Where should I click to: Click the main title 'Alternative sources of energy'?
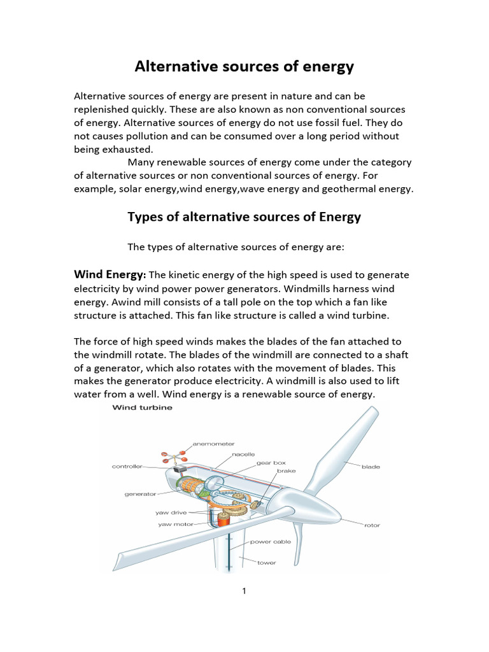click(244, 67)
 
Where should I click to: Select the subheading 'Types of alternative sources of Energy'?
click(244, 217)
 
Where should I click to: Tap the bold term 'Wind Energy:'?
click(110, 274)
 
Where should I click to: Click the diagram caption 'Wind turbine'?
click(142, 407)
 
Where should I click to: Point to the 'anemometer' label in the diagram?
click(213, 443)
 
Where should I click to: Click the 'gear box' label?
click(271, 463)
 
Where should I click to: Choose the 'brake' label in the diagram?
click(286, 471)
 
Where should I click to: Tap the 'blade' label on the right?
click(371, 467)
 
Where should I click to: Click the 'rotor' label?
click(372, 525)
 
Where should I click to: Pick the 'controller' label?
click(127, 466)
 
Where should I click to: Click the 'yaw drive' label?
click(170, 512)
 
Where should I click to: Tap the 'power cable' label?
click(270, 542)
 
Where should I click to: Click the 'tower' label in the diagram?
click(266, 563)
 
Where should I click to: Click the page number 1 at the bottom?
click(244, 591)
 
